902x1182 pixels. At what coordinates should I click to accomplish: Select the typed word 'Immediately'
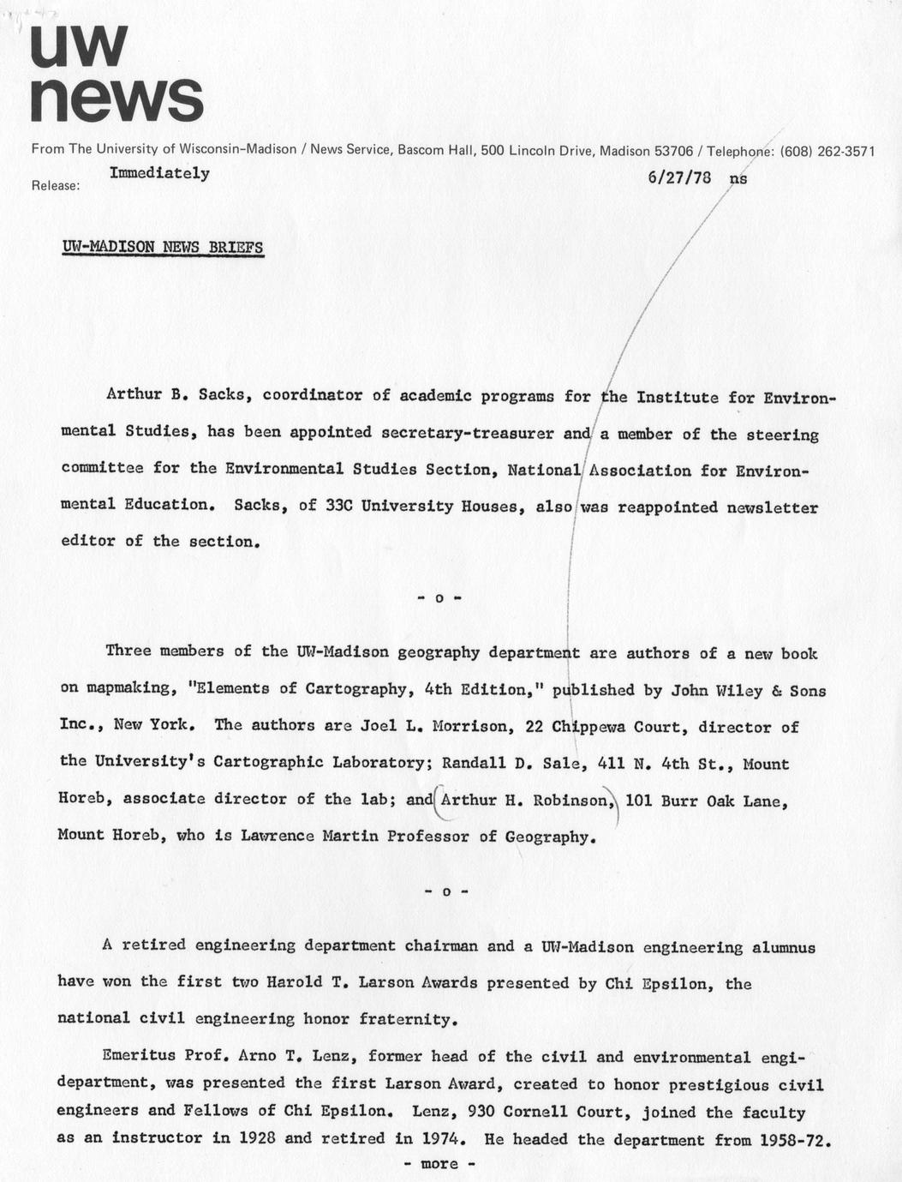(x=159, y=173)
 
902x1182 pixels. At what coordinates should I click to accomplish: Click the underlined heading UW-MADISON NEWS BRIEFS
(x=163, y=247)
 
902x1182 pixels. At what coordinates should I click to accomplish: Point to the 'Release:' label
(x=56, y=185)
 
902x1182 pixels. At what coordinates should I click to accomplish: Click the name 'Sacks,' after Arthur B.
(x=224, y=396)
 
